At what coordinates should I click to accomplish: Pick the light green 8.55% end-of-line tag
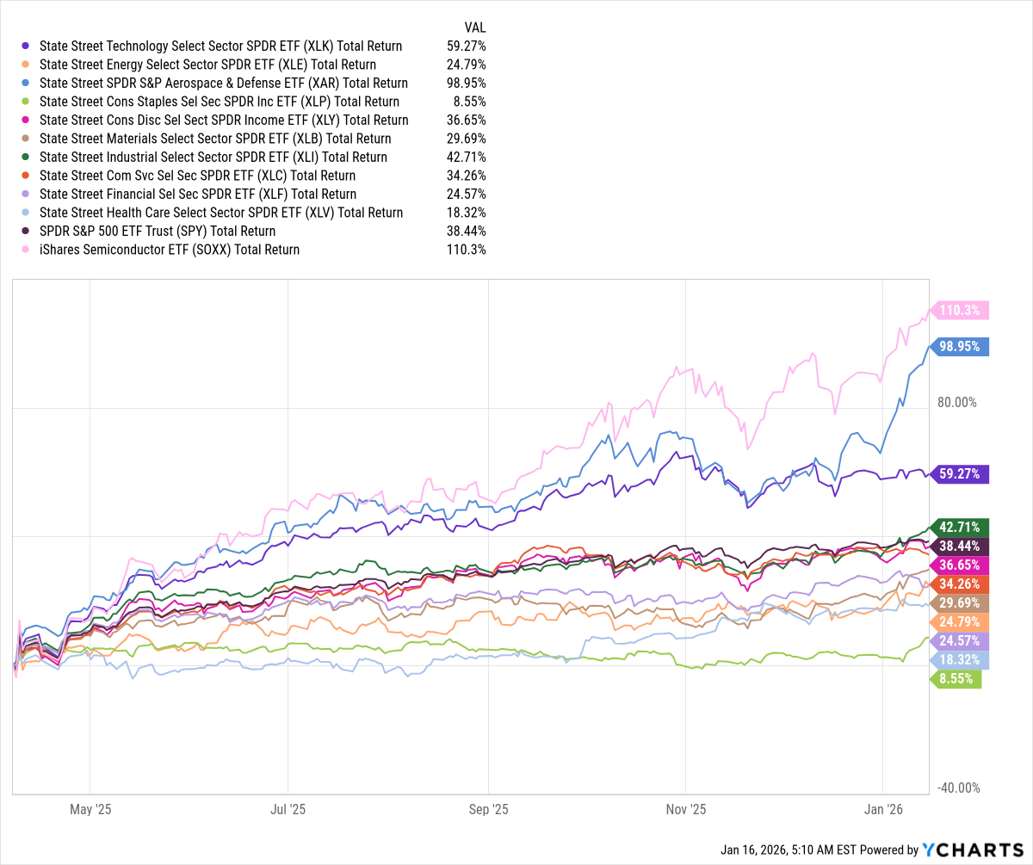956,678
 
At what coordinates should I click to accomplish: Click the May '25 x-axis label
90,809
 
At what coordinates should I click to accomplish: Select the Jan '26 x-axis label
883,809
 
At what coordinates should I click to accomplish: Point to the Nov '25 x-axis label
685,809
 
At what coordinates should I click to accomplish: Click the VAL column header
474,27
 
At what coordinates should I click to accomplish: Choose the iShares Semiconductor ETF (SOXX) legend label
170,250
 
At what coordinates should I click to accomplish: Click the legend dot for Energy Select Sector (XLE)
27,65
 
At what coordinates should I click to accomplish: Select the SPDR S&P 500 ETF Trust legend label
158,231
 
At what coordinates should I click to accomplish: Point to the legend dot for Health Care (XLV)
27,213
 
